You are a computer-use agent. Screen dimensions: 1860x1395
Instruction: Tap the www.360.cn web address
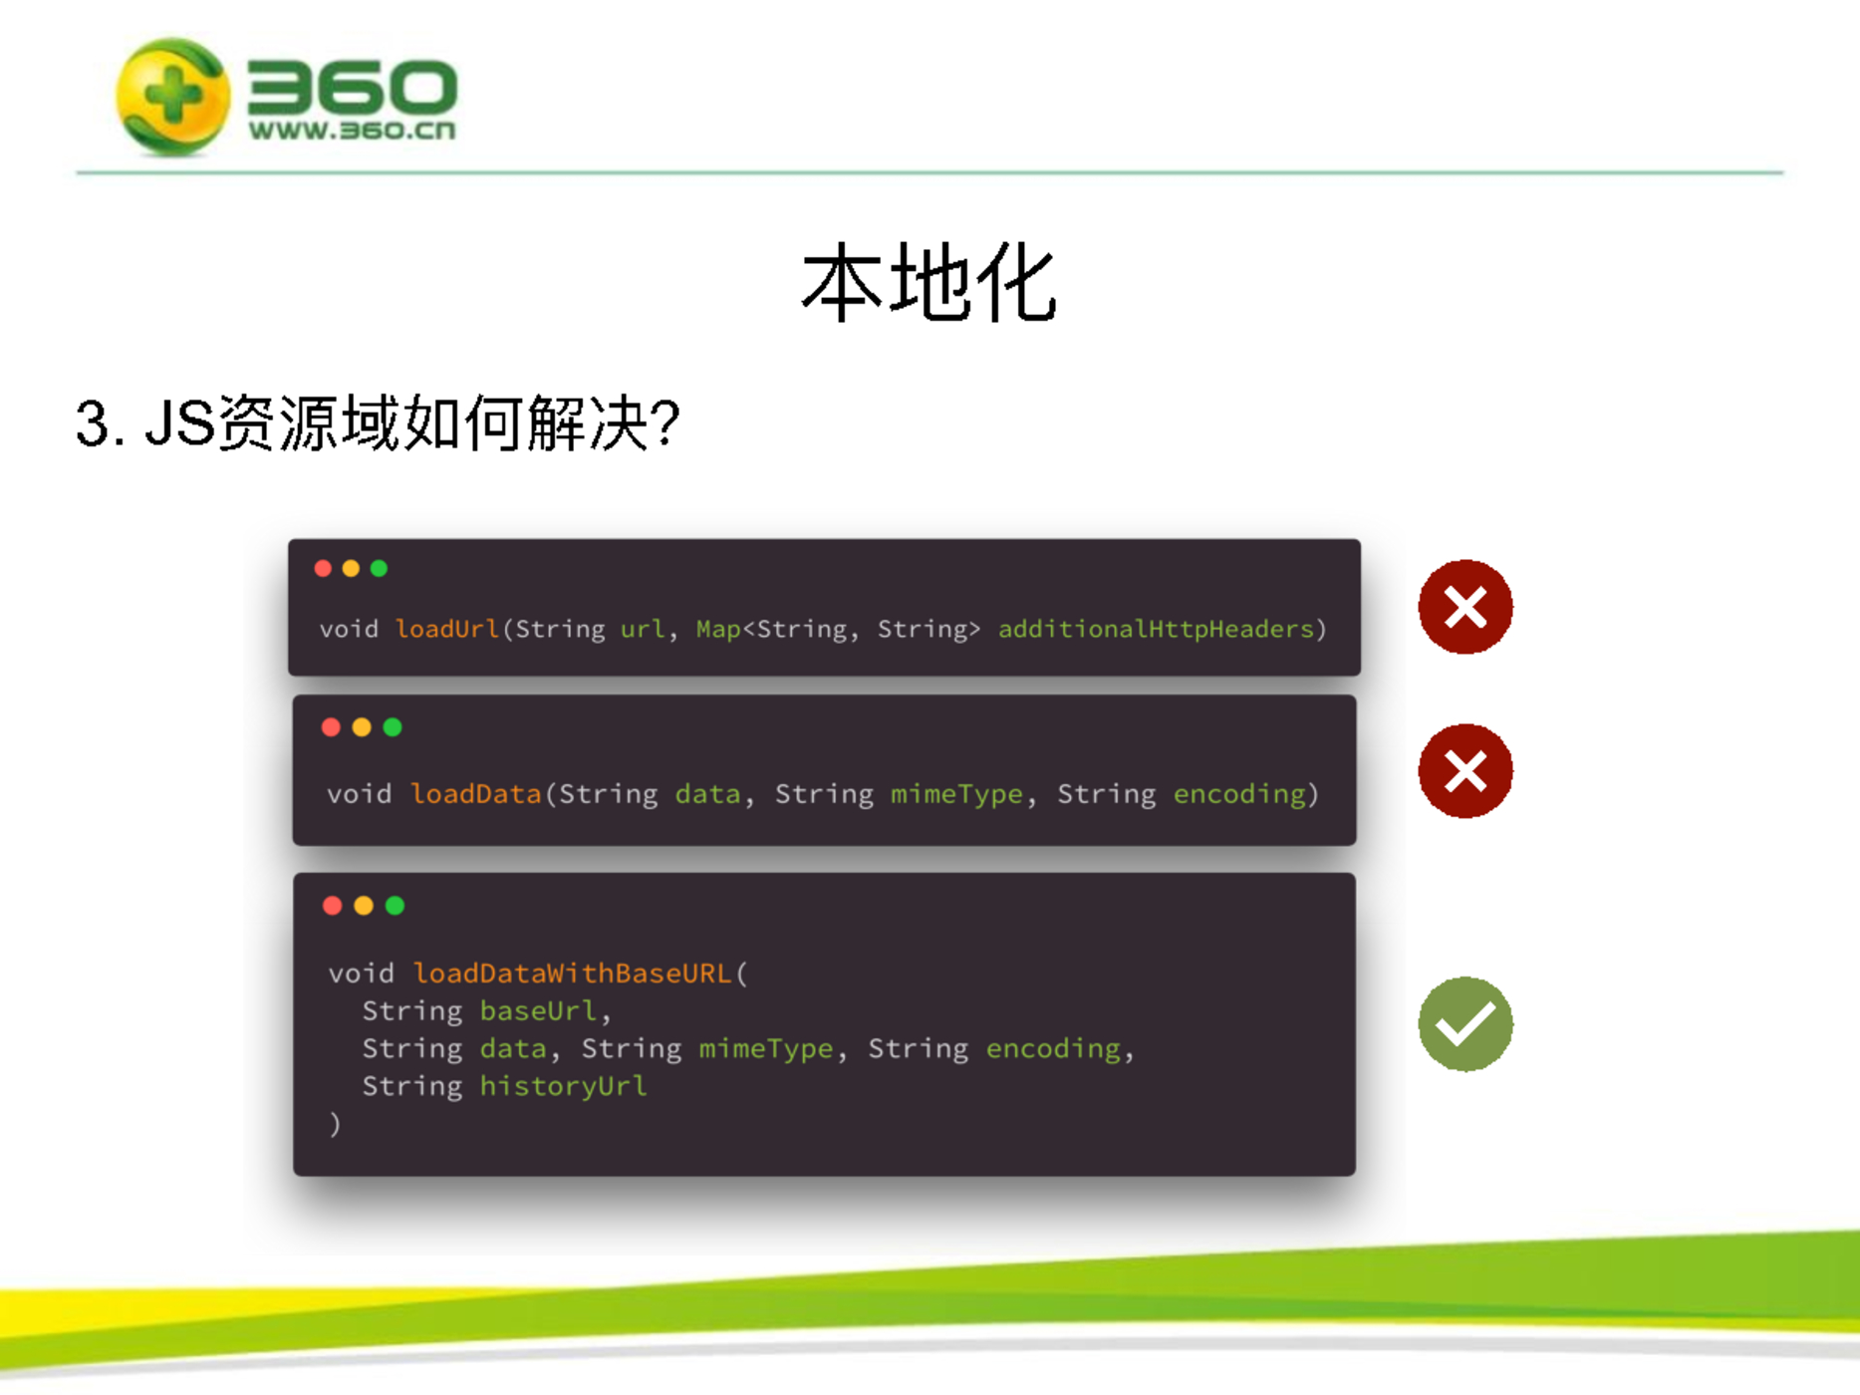(352, 131)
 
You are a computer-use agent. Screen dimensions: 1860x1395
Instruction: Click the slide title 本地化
(929, 284)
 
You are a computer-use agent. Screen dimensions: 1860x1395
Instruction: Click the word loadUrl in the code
(447, 629)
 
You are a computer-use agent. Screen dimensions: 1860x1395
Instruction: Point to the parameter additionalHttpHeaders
(1156, 629)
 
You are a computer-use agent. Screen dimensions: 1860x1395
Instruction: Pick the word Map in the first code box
(718, 630)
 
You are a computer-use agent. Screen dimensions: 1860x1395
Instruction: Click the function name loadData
(476, 793)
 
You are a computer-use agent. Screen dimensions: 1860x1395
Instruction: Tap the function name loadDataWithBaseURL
(573, 973)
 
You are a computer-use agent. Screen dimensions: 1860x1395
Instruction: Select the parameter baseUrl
(538, 1010)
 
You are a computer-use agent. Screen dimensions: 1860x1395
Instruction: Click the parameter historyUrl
(563, 1086)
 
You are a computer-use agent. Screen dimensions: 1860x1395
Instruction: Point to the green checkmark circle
(1465, 1024)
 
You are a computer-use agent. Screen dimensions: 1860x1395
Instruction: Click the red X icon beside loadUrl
(1465, 607)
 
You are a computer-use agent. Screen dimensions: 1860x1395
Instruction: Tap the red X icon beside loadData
(1465, 771)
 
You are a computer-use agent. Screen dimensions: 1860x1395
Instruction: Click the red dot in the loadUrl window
(323, 568)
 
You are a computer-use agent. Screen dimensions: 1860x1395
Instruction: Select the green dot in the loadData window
(393, 727)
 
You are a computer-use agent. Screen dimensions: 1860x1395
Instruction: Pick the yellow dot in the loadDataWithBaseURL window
(364, 905)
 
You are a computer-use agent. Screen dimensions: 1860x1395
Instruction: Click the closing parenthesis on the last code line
(336, 1125)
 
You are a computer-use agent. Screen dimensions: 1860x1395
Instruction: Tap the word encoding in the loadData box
(1239, 794)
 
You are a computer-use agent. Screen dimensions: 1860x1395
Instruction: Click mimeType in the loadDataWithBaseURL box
(765, 1048)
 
